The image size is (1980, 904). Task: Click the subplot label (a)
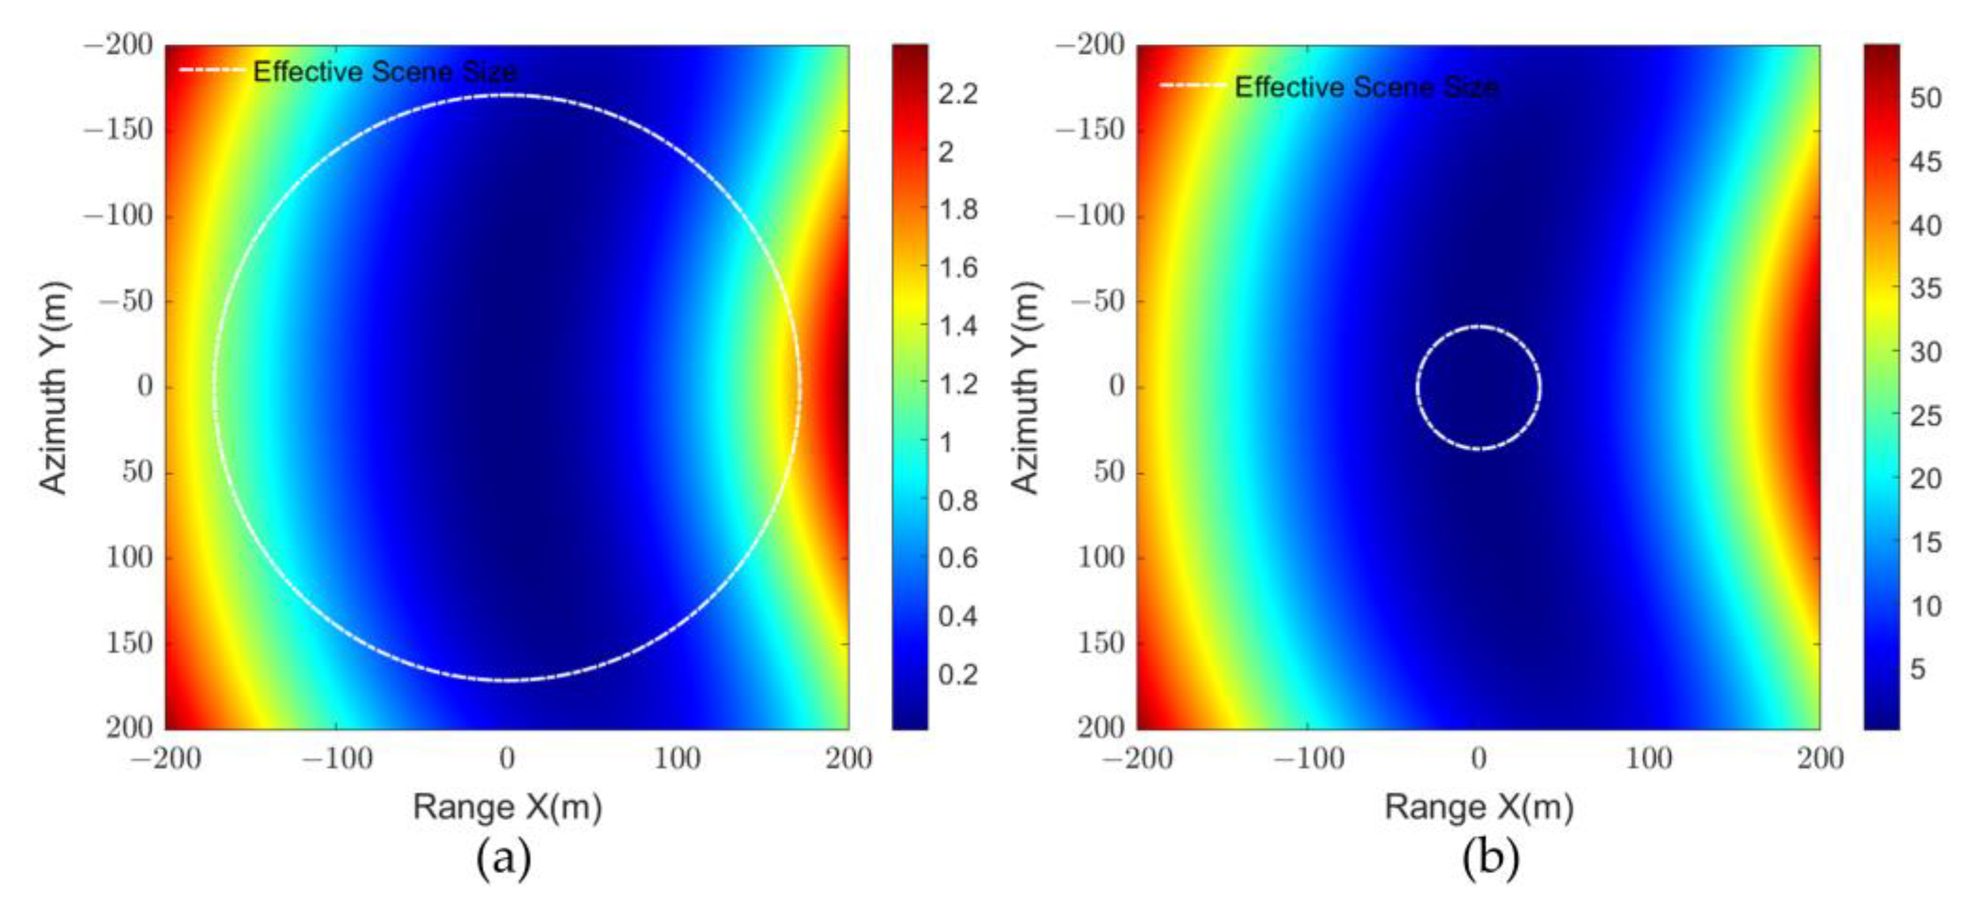click(x=504, y=858)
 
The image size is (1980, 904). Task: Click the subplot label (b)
click(x=1490, y=858)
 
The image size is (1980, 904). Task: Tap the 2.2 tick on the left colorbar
click(x=958, y=94)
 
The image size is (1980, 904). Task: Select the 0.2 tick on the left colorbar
click(x=958, y=674)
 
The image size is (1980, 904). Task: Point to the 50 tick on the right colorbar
click(x=1925, y=98)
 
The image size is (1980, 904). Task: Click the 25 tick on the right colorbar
click(x=1925, y=416)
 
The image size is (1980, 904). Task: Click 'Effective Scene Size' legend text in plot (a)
click(x=385, y=71)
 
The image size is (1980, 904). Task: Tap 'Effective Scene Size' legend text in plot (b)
click(x=1366, y=87)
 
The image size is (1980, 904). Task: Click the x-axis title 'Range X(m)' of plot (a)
click(x=507, y=807)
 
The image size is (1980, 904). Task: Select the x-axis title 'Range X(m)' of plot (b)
click(x=1479, y=807)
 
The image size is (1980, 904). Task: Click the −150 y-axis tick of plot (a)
click(x=118, y=129)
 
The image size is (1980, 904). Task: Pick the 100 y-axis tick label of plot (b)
click(x=1101, y=557)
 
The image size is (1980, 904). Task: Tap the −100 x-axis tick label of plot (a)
click(x=337, y=760)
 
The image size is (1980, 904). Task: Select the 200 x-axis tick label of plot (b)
click(x=1819, y=760)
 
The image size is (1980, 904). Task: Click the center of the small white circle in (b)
click(x=1479, y=388)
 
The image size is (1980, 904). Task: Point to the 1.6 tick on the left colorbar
click(x=958, y=267)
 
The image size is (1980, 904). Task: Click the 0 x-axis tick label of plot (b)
click(x=1479, y=760)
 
